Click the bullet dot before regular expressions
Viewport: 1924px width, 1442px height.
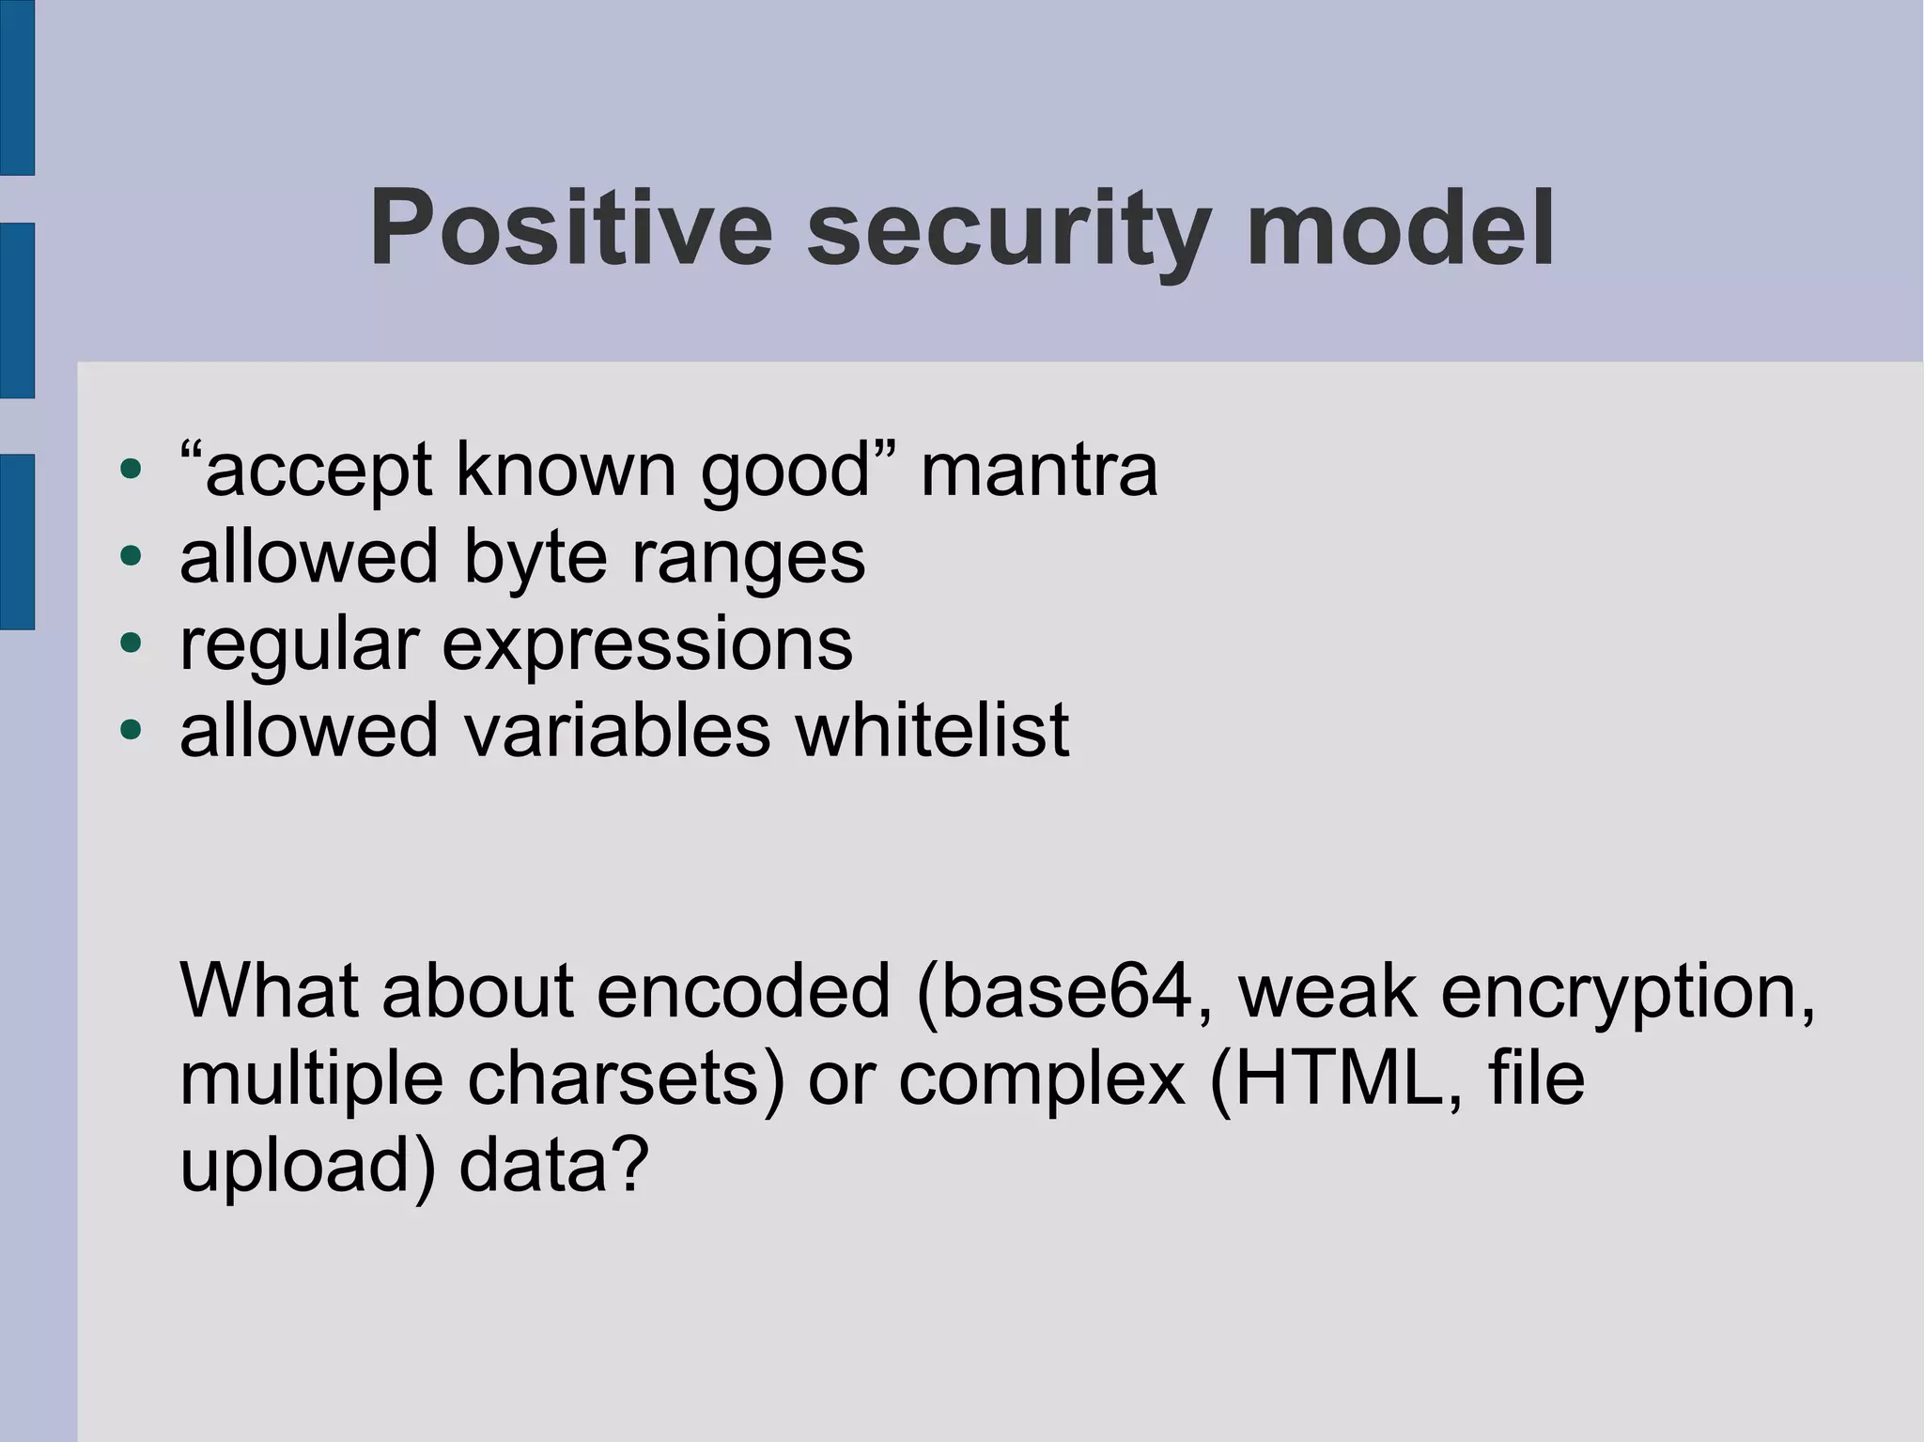131,643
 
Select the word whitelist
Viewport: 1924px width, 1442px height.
932,730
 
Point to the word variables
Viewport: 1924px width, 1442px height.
616,730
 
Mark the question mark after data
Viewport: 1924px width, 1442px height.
630,1165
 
